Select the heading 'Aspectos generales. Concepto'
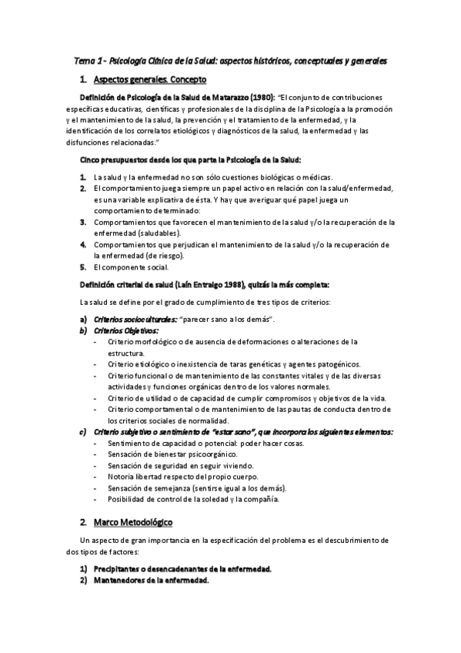tap(145, 79)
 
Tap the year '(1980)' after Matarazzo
tap(261, 98)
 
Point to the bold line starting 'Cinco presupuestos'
tap(190, 160)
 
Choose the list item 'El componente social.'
tap(126, 267)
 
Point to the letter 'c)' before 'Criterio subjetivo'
tap(83, 432)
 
